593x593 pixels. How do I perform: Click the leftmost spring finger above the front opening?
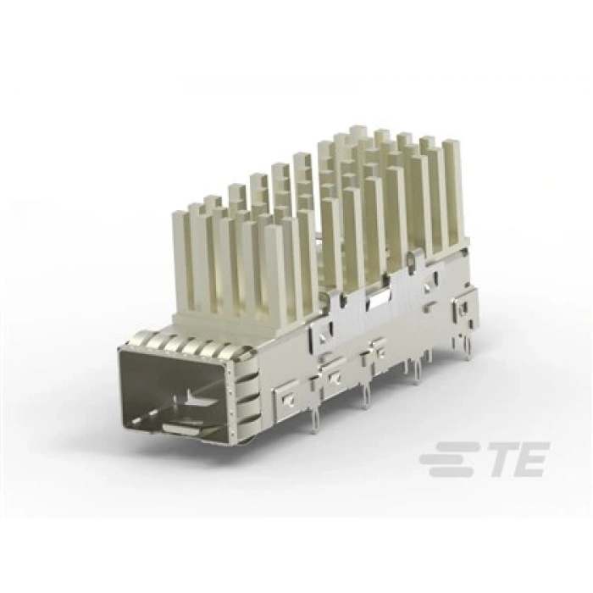click(x=136, y=343)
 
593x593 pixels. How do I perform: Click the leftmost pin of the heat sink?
click(x=180, y=254)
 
